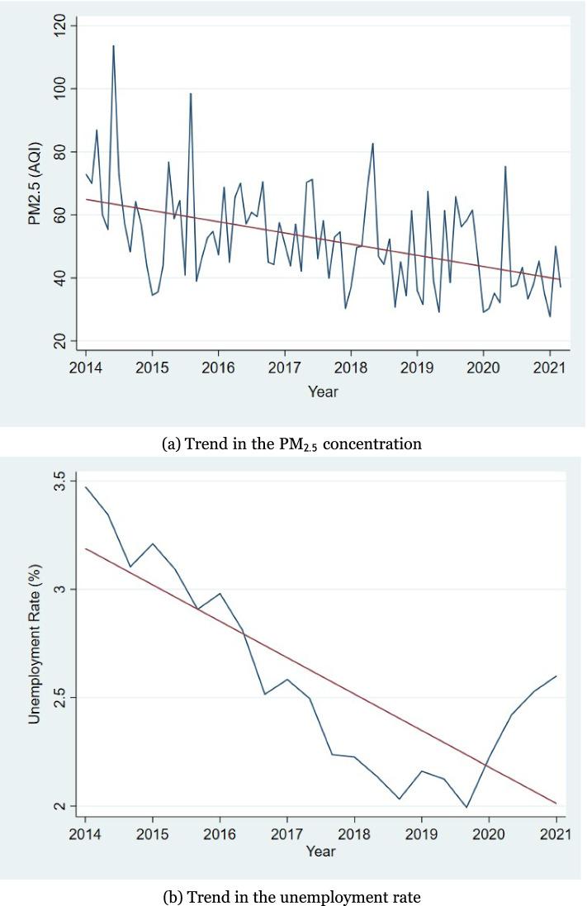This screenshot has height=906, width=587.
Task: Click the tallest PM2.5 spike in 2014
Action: click(113, 45)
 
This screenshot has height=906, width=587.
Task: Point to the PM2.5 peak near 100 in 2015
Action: click(191, 93)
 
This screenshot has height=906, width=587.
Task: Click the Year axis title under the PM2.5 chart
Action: click(323, 391)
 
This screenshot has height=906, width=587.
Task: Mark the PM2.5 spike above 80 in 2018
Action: click(372, 144)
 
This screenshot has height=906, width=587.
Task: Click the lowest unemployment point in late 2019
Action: click(466, 808)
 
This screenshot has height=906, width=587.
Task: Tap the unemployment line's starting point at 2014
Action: click(86, 486)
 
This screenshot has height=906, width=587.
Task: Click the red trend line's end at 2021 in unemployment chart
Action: click(556, 803)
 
